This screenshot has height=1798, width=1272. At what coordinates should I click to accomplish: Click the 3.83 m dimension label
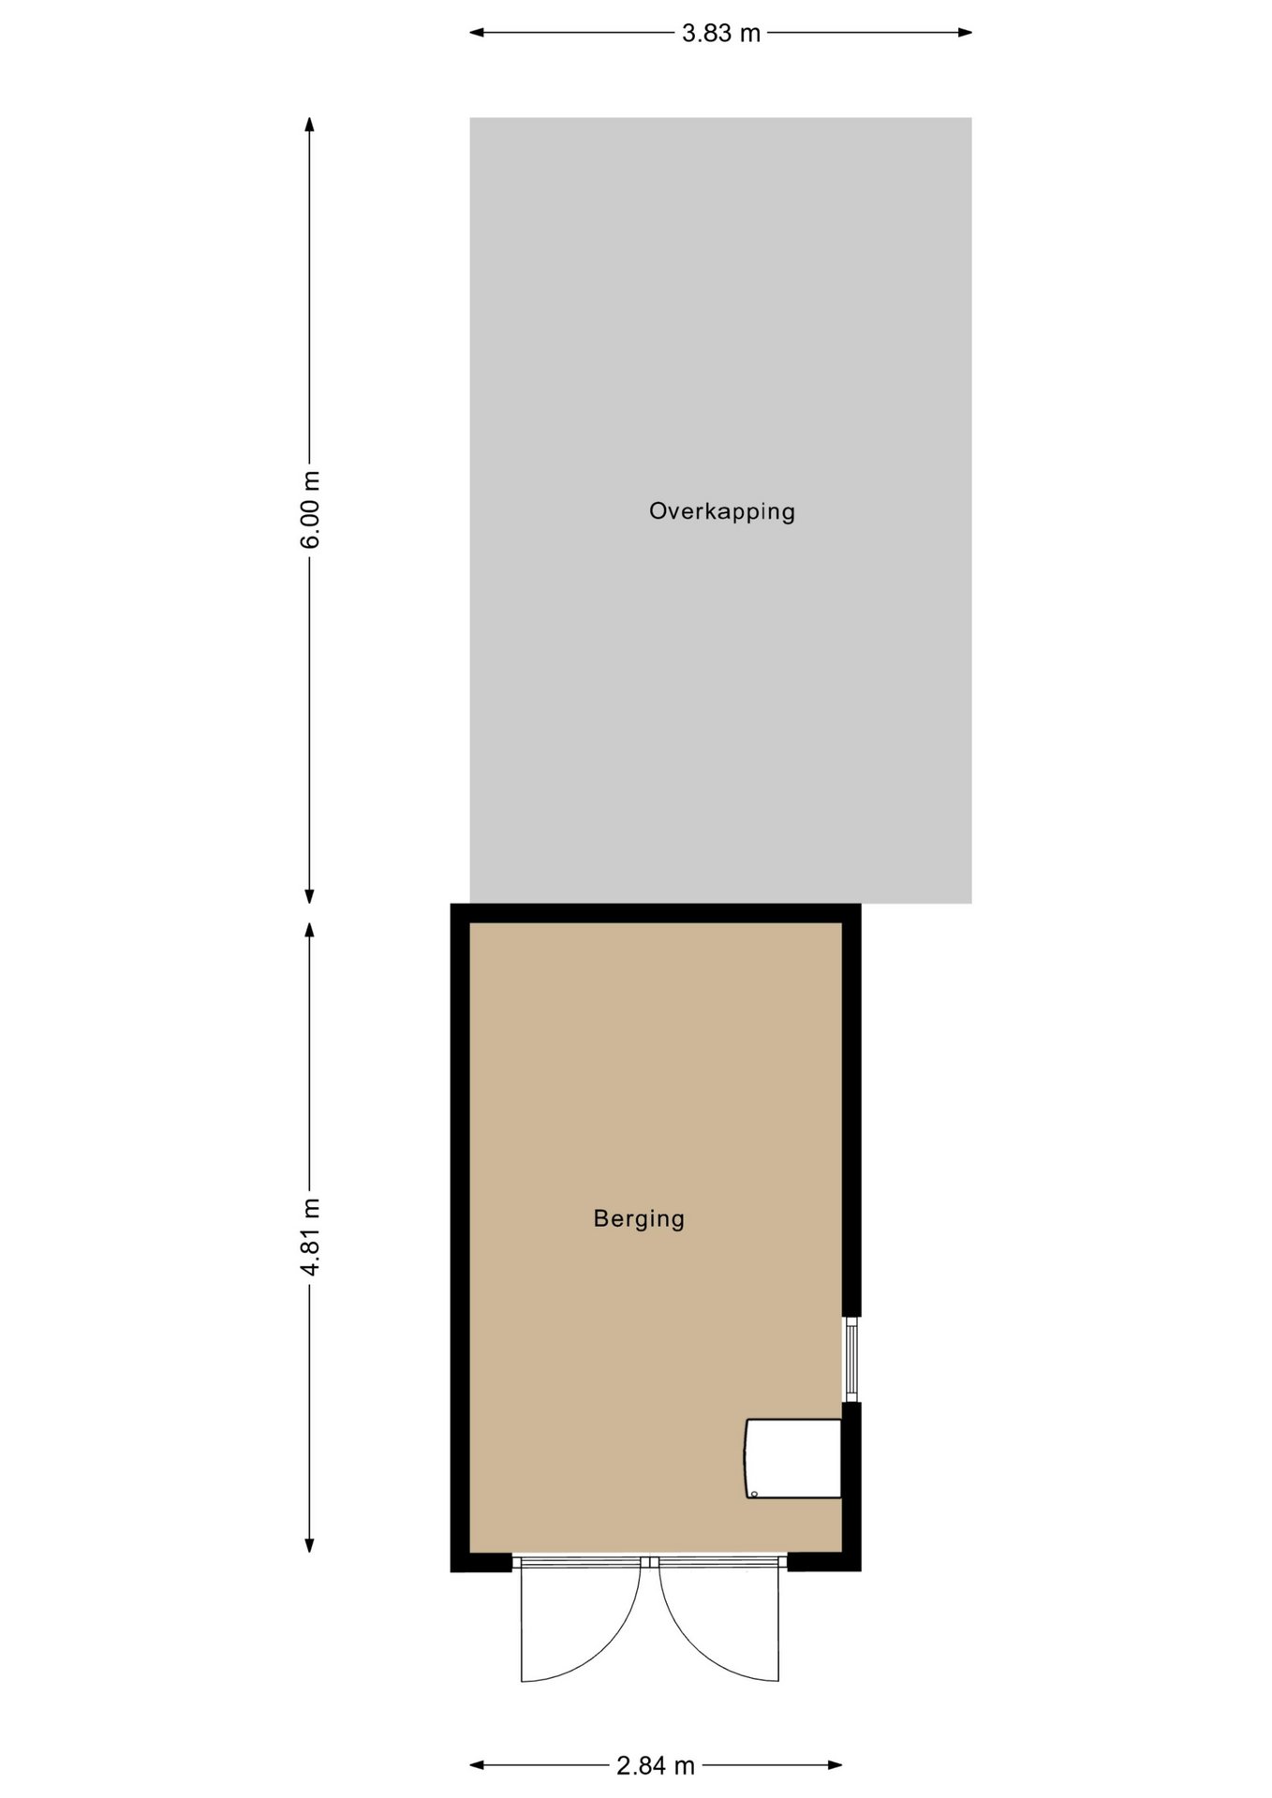[720, 34]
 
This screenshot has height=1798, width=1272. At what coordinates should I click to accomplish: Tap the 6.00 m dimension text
[310, 509]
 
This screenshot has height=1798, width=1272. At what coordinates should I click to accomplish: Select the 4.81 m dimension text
[310, 1236]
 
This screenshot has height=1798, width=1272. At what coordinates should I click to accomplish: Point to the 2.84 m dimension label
[656, 1766]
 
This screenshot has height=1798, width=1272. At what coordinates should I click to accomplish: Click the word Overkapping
[722, 511]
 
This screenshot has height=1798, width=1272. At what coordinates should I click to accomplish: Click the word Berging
[639, 1218]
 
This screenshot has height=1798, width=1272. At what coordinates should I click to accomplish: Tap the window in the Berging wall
[851, 1359]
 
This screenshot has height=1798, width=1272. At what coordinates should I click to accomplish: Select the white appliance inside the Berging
[793, 1458]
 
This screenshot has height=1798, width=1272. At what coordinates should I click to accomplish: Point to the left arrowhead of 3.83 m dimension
[477, 33]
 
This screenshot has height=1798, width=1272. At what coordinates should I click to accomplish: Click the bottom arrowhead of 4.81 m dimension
[309, 1545]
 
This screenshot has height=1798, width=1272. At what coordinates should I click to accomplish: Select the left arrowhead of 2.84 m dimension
[477, 1765]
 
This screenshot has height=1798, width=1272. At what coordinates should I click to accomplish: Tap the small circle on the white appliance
[754, 1494]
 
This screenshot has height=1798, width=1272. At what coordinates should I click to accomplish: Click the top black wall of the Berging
[656, 913]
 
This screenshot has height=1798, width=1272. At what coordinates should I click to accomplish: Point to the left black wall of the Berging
[460, 1237]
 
